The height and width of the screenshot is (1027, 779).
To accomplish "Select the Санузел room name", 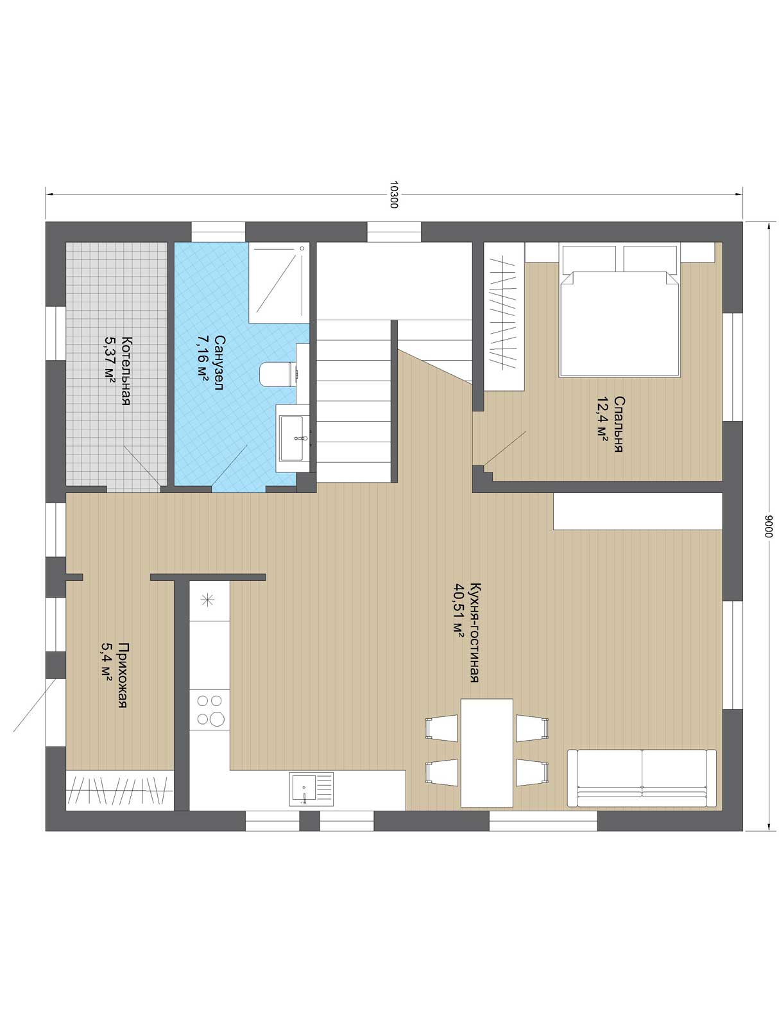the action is click(x=219, y=362).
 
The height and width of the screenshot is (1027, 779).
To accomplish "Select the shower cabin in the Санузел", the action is click(x=278, y=282).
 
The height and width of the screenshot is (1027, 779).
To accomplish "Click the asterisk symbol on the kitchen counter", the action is click(x=207, y=600).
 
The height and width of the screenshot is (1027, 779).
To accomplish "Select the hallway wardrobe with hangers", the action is click(x=120, y=790).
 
